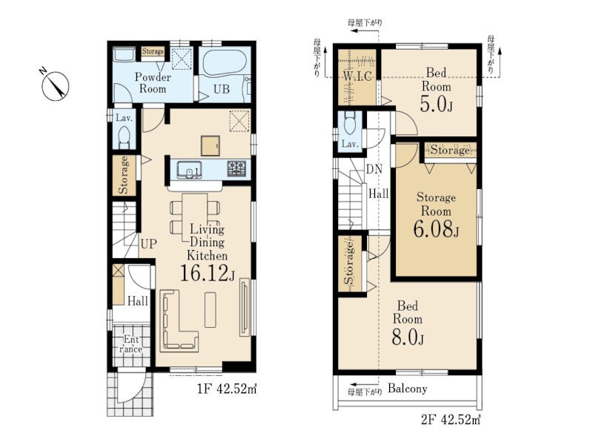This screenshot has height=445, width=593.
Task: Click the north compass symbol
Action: tap(55, 86)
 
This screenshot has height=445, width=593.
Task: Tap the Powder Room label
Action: tap(153, 83)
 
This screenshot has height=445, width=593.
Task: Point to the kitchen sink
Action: tap(189, 169)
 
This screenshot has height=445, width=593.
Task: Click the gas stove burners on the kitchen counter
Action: tap(236, 168)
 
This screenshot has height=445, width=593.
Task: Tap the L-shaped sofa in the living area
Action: tap(178, 320)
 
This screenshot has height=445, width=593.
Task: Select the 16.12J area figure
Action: tap(207, 273)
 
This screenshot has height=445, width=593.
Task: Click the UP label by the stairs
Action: tap(148, 244)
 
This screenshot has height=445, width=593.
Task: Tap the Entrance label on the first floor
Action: tap(131, 344)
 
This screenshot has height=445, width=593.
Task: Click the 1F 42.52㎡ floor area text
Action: tap(227, 389)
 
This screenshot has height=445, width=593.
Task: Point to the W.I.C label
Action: tap(357, 76)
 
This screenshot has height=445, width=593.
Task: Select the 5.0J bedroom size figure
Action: tap(436, 104)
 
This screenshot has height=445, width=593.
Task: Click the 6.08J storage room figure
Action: tap(436, 228)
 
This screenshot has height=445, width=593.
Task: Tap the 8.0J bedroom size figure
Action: tap(407, 337)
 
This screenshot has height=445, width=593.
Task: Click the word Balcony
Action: tap(408, 389)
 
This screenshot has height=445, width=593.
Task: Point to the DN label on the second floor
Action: tap(374, 169)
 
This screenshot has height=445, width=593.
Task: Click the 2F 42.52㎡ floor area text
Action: tap(451, 419)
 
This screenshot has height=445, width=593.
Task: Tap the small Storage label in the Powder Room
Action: tap(153, 51)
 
